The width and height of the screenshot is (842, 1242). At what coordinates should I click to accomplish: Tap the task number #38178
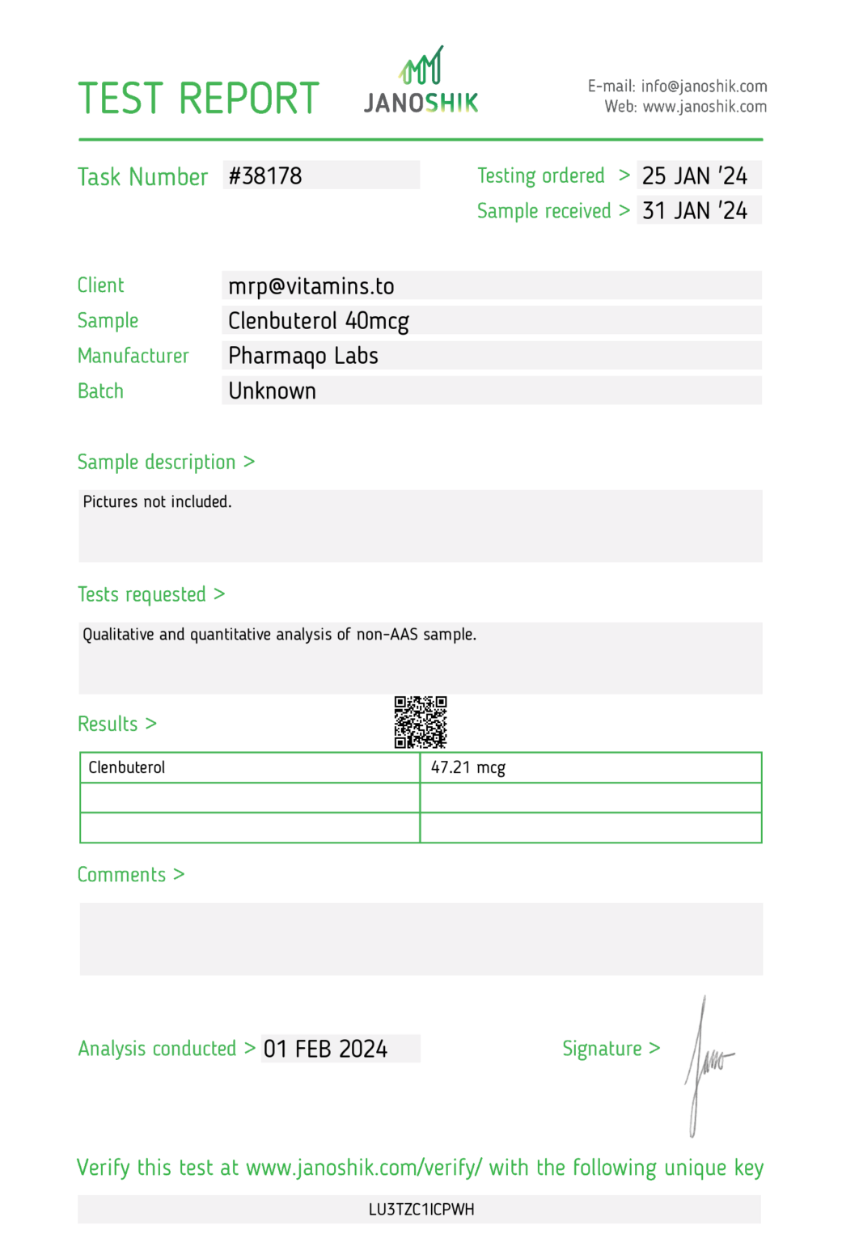pos(265,175)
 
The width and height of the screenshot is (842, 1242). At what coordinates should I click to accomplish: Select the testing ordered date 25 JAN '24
pos(695,175)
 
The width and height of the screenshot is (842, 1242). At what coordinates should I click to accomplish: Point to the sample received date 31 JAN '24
pos(695,210)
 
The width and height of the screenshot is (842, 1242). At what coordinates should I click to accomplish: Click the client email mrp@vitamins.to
pos(311,286)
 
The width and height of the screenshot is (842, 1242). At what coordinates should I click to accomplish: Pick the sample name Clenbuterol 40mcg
pos(319,321)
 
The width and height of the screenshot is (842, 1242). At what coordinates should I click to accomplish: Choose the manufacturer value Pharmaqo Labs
pos(303,356)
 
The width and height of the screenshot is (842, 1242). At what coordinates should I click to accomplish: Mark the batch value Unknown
pos(273,391)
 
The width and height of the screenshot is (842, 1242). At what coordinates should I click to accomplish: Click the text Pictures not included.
pos(158,502)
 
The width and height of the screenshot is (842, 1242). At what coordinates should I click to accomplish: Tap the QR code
pos(421,722)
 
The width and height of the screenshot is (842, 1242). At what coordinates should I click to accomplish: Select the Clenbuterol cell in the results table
pos(127,767)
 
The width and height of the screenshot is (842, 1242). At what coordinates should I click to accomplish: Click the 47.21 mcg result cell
pos(468,767)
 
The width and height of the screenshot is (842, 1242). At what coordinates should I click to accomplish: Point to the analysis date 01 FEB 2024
pos(326,1049)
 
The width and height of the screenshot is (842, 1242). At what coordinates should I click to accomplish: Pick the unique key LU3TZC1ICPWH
pos(421,1210)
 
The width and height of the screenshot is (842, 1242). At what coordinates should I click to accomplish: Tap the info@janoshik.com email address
pos(704,86)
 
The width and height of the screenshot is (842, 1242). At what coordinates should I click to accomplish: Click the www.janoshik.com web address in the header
pos(704,107)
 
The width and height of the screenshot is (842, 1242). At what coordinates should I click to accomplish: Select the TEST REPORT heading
pos(199,99)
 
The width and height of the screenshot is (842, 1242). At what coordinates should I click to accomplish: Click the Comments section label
pos(122,875)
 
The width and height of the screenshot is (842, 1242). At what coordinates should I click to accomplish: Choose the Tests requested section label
pos(142,594)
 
